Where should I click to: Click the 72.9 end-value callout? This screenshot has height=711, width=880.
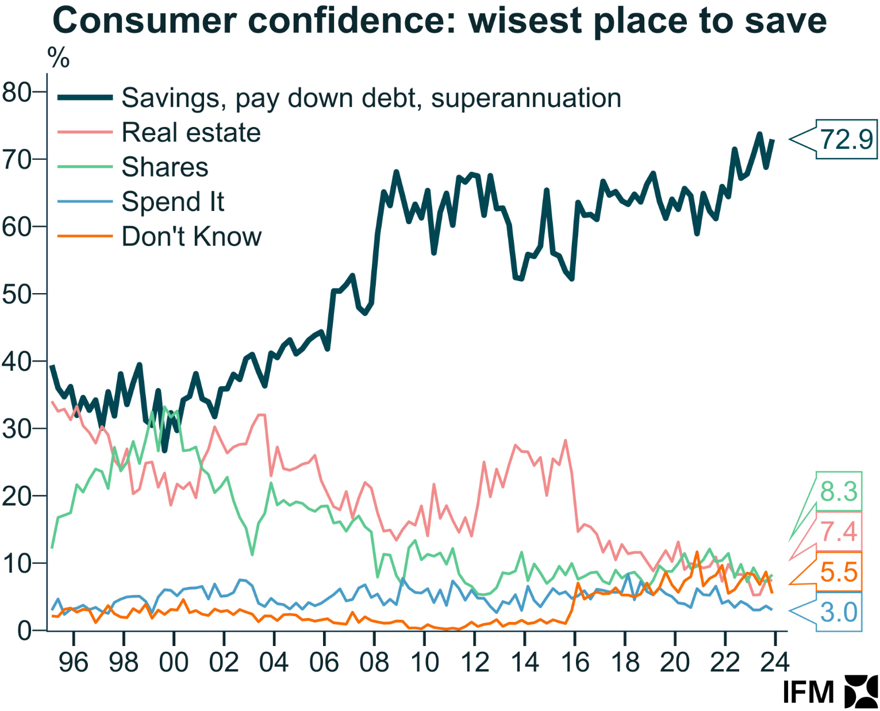(846, 139)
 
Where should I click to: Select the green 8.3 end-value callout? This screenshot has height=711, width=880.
(839, 491)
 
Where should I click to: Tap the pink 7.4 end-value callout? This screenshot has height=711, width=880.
(839, 532)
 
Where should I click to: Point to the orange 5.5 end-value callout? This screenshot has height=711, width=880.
(839, 572)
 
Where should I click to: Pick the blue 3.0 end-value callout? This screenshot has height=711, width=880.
(839, 612)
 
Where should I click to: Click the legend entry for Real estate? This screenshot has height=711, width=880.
(191, 133)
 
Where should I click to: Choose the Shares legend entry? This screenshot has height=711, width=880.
(164, 167)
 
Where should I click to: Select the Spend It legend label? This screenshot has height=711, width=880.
(172, 202)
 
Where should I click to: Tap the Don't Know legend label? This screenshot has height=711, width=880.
(191, 236)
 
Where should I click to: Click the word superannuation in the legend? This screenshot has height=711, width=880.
(526, 98)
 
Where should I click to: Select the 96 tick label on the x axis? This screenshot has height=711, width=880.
(74, 662)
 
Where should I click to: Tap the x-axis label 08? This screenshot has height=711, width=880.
(374, 662)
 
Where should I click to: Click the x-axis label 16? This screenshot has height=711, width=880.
(575, 662)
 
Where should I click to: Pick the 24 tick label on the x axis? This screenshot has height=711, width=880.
(775, 662)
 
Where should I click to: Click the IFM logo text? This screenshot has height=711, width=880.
(808, 692)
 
